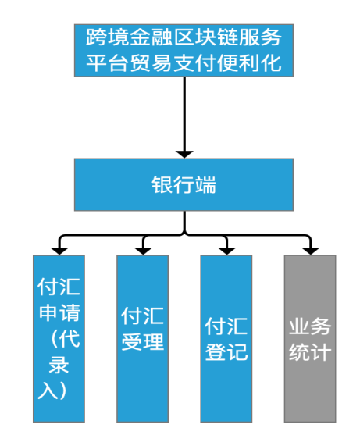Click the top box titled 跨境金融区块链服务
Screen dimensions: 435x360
[x=184, y=49]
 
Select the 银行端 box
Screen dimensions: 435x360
[x=184, y=184]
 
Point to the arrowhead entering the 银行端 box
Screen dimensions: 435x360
[x=184, y=152]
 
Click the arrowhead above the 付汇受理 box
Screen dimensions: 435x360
[x=142, y=249]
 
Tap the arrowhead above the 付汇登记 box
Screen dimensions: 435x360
[x=226, y=249]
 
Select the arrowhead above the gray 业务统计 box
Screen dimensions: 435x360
[x=310, y=249]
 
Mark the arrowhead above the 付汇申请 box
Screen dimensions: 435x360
[x=59, y=249]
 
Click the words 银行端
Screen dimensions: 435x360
[x=184, y=185]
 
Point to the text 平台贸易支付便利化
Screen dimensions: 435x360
[x=184, y=62]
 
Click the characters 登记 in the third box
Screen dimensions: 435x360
[x=226, y=352]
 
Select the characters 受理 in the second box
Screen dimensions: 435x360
[x=142, y=341]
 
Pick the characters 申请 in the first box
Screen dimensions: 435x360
[x=59, y=314]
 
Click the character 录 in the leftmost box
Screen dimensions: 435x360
[x=59, y=364]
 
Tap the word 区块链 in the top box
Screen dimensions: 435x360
[x=199, y=36]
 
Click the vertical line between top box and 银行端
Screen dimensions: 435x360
[x=184, y=109]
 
